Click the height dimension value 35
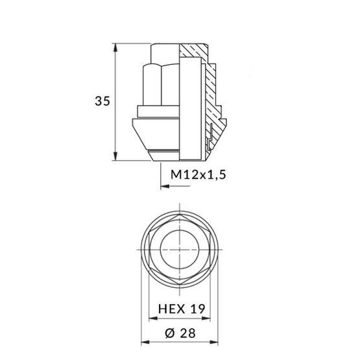101,102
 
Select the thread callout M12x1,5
200,175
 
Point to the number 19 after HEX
197,310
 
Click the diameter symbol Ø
169,333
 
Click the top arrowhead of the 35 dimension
115,47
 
